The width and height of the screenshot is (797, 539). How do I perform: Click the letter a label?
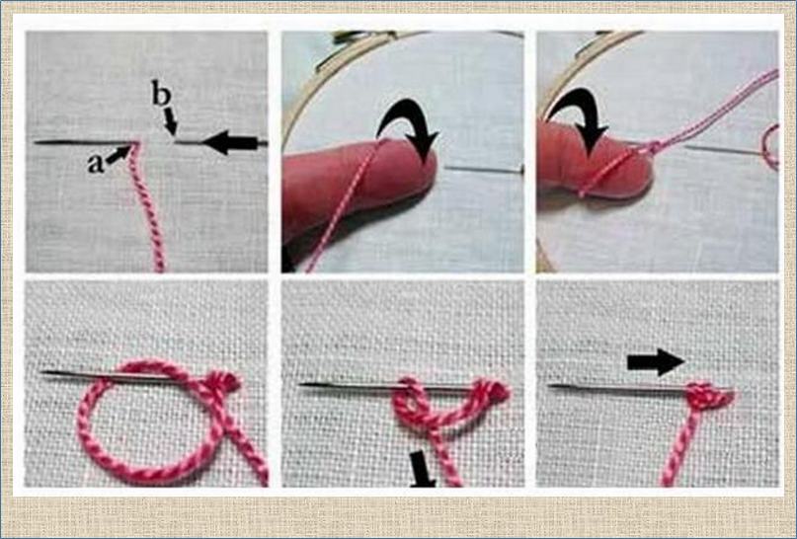95,164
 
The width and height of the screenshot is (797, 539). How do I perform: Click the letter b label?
161,94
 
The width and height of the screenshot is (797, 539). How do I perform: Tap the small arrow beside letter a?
119,153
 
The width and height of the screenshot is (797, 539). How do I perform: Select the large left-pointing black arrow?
230,143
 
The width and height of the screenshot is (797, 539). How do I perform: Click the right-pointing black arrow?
656,362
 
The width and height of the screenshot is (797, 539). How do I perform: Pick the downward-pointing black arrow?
422,468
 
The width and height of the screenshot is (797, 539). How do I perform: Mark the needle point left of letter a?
37,143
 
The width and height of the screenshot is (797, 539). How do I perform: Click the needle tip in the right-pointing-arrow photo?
551,387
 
